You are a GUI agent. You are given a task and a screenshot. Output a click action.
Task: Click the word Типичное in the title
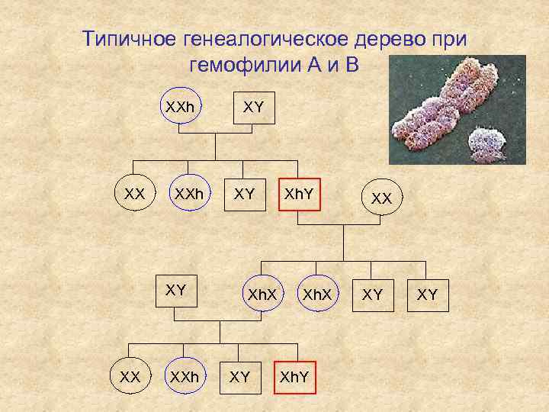point(129,39)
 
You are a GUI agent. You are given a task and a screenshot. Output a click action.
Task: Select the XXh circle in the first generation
point(181,109)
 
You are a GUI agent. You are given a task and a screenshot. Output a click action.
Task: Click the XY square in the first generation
point(253,109)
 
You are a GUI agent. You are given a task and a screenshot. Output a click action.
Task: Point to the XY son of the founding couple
point(244,195)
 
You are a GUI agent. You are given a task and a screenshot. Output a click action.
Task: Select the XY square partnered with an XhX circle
point(176,291)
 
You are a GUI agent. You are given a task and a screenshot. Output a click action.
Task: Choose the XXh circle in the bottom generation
point(185,377)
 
